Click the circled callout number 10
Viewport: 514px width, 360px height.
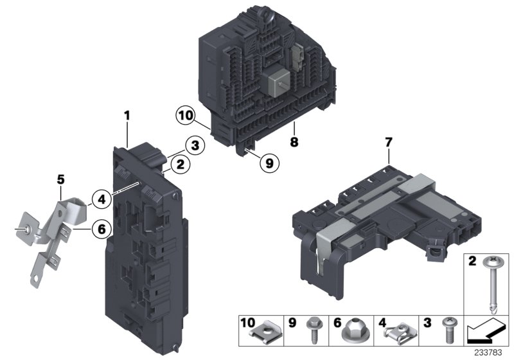tap(186, 116)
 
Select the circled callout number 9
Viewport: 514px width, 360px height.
tap(269, 163)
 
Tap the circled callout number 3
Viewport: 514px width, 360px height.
tap(195, 145)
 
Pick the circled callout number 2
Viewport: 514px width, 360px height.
tap(181, 165)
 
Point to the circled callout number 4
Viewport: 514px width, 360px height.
tap(102, 199)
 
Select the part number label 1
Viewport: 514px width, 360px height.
tap(127, 116)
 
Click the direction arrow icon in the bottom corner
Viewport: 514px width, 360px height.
tap(485, 332)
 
